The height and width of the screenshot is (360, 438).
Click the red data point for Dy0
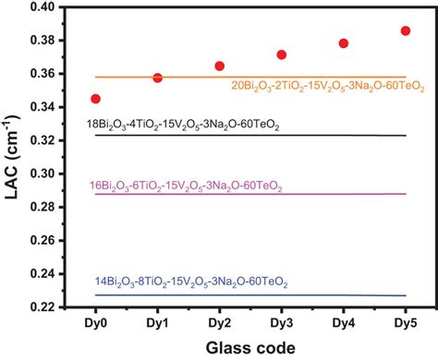click(96, 98)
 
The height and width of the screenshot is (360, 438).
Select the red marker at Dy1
click(157, 78)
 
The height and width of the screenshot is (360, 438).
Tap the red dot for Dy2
click(219, 66)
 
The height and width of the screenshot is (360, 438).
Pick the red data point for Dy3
click(281, 54)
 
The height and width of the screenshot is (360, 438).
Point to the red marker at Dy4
click(343, 43)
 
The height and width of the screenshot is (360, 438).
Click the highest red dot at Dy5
click(405, 31)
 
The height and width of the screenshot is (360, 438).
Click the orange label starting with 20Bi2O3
click(329, 87)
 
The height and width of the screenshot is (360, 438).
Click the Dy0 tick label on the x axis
click(96, 323)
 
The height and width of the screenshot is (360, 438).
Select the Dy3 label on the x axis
click(281, 323)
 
